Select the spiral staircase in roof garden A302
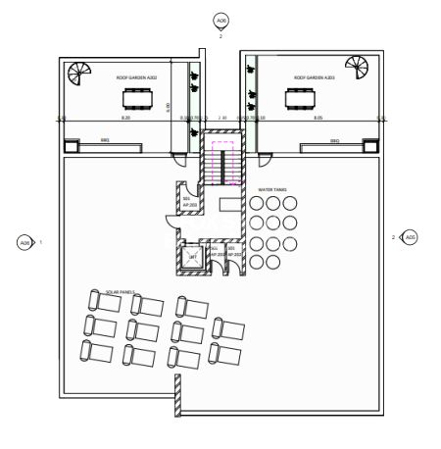[73, 72]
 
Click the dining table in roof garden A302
[135, 98]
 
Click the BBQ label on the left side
[106, 141]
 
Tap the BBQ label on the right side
[334, 141]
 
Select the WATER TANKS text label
[271, 190]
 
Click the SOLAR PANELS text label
[120, 291]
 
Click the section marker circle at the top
[220, 21]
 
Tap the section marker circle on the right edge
[411, 237]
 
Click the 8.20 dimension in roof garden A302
[124, 118]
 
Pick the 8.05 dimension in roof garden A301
[318, 118]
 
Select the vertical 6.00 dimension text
[168, 105]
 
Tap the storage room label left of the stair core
[186, 200]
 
